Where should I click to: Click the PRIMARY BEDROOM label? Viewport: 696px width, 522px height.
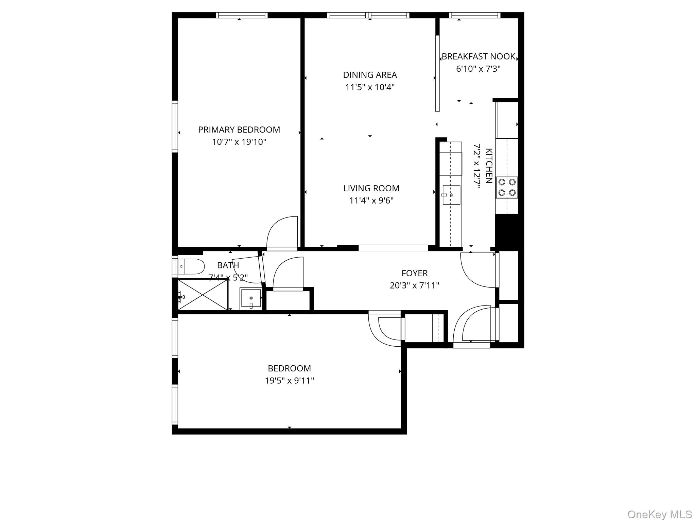click(x=239, y=129)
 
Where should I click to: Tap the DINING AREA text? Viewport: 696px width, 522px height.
click(x=370, y=75)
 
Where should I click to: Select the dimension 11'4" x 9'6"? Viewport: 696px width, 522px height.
click(x=371, y=201)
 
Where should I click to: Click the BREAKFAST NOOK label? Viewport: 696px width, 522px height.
click(x=478, y=56)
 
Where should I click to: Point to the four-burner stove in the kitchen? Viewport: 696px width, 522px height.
click(x=507, y=187)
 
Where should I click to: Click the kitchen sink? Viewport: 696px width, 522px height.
click(x=451, y=195)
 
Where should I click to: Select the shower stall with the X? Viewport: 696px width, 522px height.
click(x=203, y=294)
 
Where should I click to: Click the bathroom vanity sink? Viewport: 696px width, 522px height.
click(x=251, y=299)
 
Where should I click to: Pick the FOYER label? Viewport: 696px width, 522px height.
click(x=414, y=273)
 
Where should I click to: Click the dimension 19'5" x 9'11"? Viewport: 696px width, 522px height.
click(x=289, y=381)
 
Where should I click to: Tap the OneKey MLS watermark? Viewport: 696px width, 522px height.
click(x=659, y=514)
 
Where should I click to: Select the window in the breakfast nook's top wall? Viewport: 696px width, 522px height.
click(x=474, y=15)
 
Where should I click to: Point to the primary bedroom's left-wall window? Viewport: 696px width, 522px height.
click(x=175, y=126)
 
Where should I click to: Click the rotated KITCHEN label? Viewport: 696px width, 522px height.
click(x=489, y=166)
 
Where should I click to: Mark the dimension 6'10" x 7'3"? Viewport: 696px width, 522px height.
click(x=478, y=69)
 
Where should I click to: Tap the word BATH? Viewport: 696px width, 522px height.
click(x=228, y=265)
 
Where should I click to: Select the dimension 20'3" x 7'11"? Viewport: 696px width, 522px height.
click(x=414, y=285)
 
